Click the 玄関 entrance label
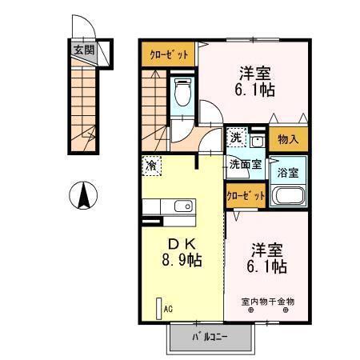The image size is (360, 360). click(x=83, y=50)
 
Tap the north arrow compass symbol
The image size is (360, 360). click(x=83, y=194)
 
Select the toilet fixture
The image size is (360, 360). click(x=182, y=94)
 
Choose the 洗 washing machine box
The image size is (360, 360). click(x=236, y=137)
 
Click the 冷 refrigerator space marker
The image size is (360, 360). click(x=150, y=166)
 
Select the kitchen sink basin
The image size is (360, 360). click(x=183, y=207)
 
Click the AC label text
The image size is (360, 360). click(x=168, y=307)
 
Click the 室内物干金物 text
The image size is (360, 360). click(x=268, y=301)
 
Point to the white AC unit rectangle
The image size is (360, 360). click(x=158, y=307)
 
